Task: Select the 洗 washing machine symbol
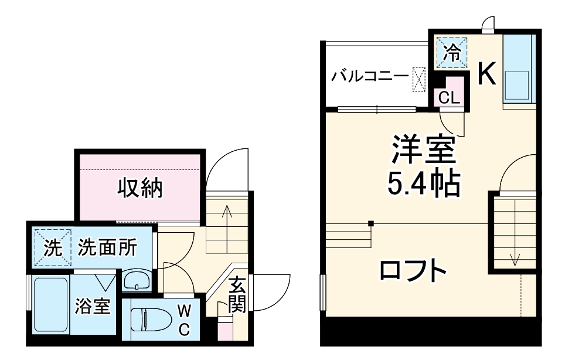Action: coord(53,248)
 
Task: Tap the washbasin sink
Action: coord(138,280)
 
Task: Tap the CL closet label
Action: coord(450,98)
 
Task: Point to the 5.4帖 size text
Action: coord(423,184)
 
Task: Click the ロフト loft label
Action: coord(413,270)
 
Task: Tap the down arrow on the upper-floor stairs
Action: coord(515,258)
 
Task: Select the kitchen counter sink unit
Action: coord(518,70)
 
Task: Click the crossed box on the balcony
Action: coord(418,79)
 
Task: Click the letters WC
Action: coord(183,320)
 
